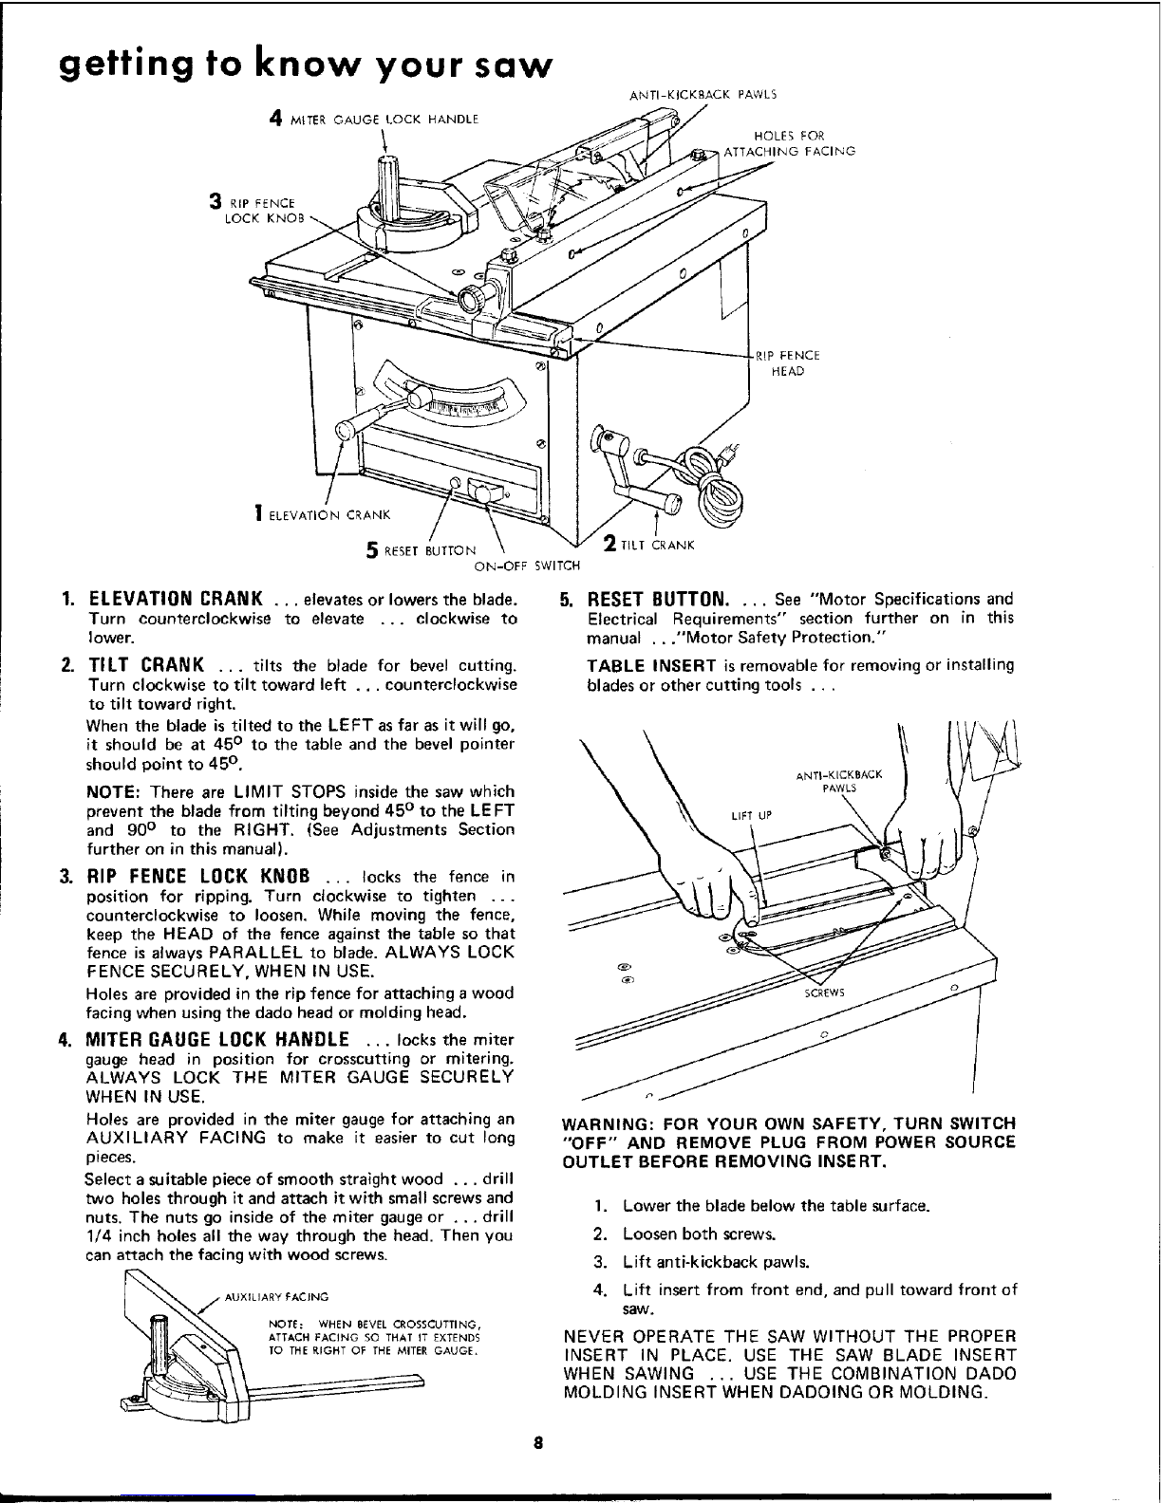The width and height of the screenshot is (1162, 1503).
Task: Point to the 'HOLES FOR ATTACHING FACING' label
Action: coord(789,143)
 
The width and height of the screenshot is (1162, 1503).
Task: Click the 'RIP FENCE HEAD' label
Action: coord(787,363)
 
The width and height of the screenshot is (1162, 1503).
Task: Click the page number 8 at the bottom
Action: coord(536,1445)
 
